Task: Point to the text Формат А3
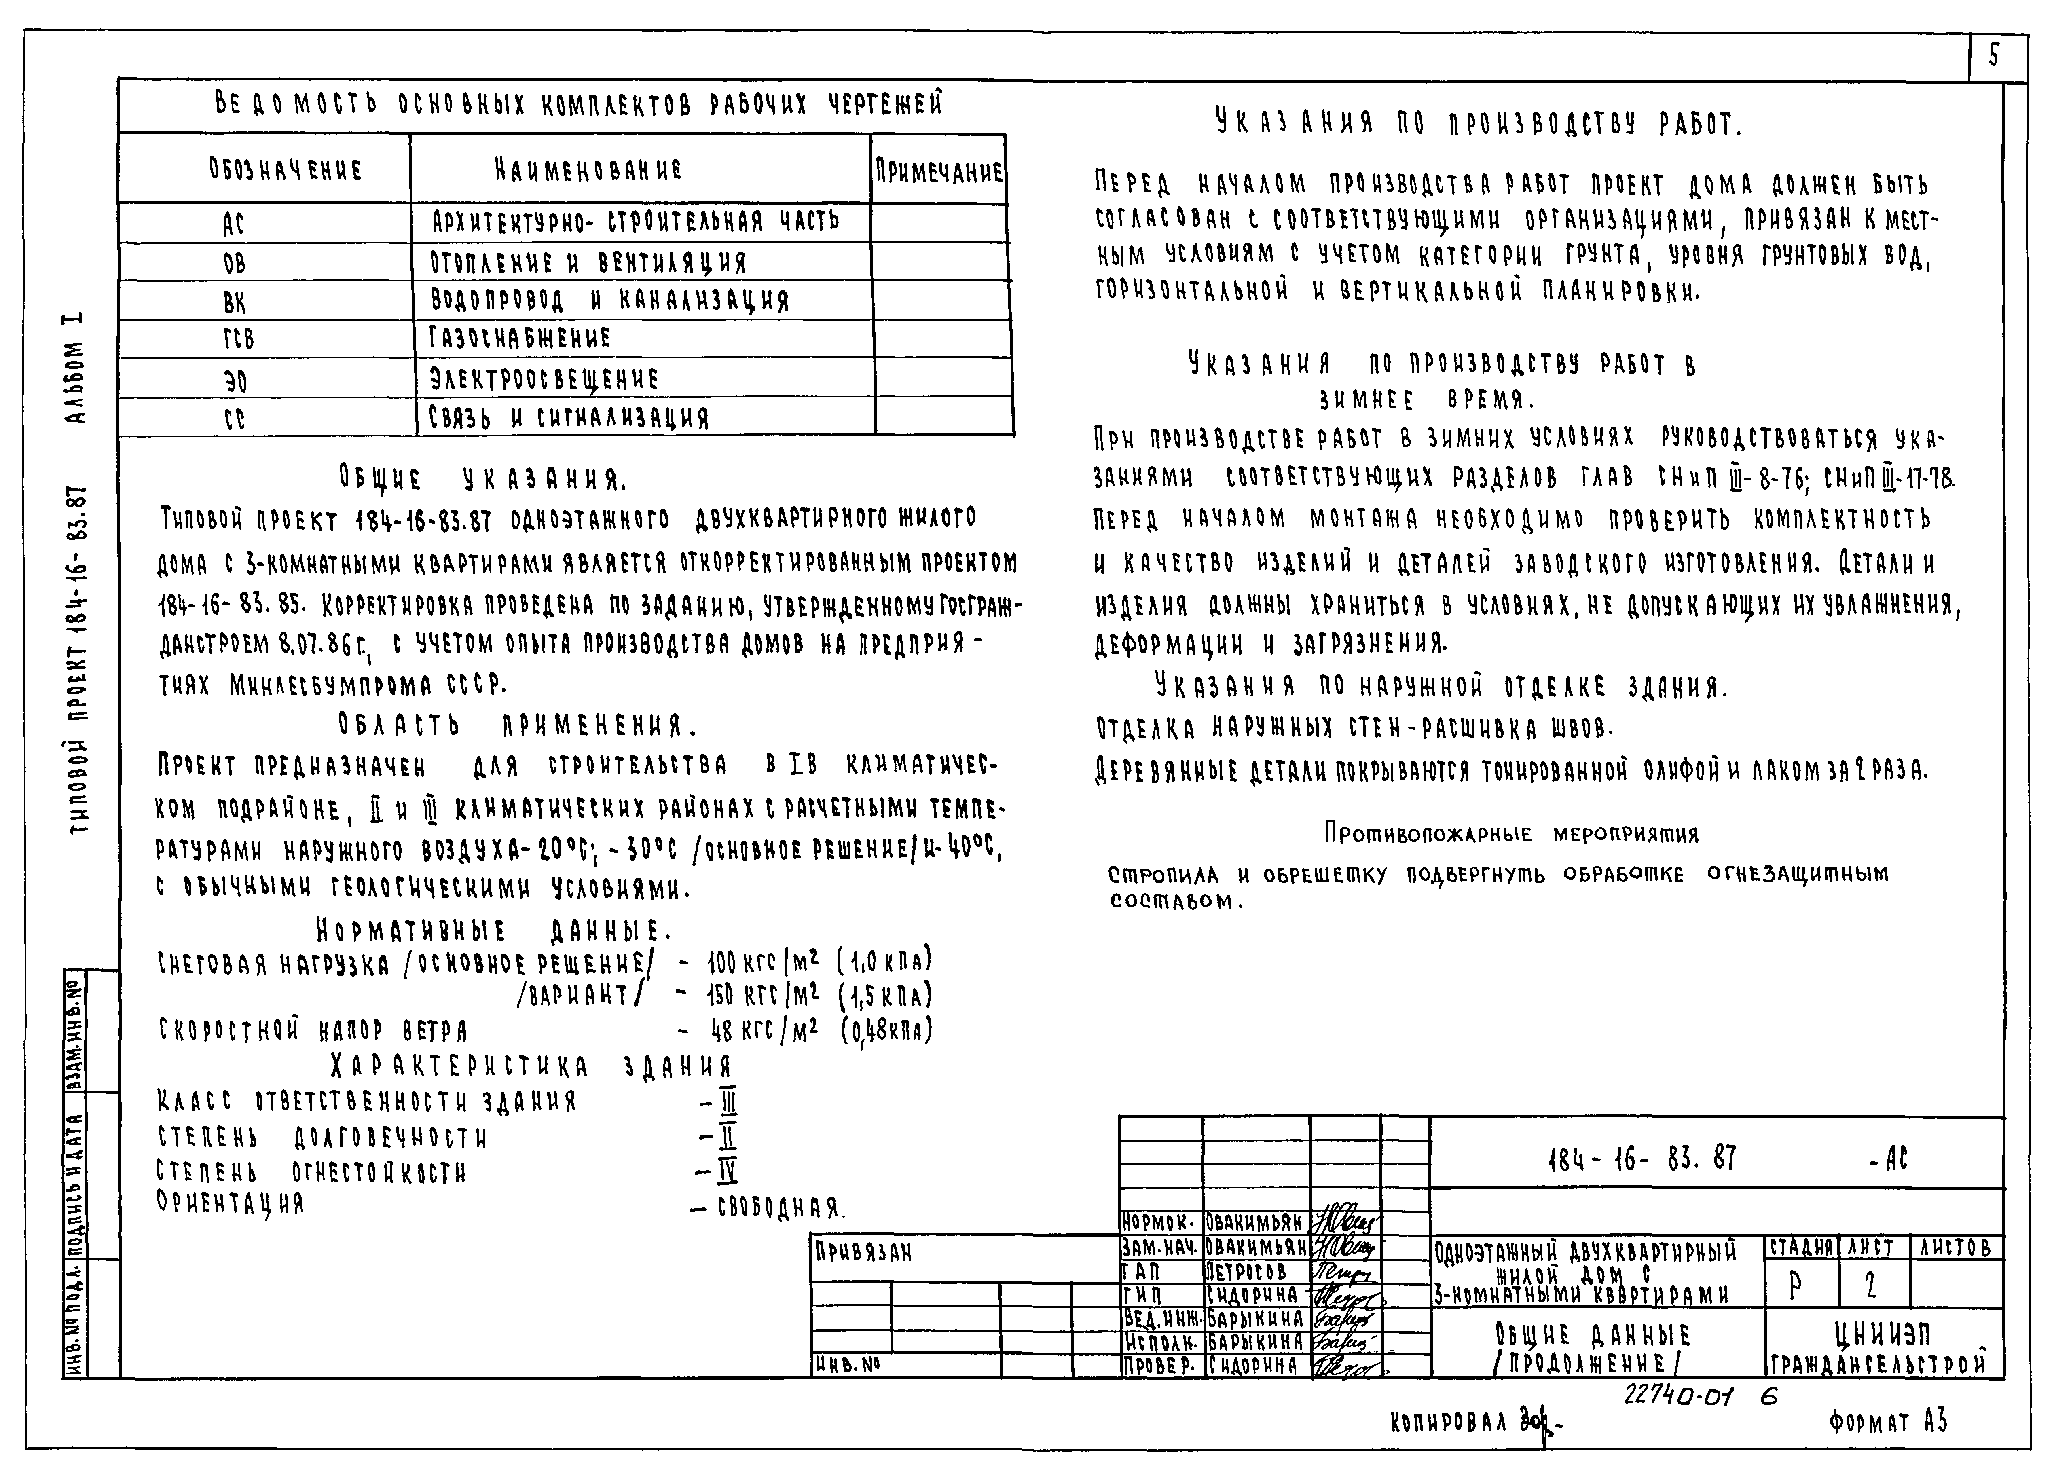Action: click(1887, 1422)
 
